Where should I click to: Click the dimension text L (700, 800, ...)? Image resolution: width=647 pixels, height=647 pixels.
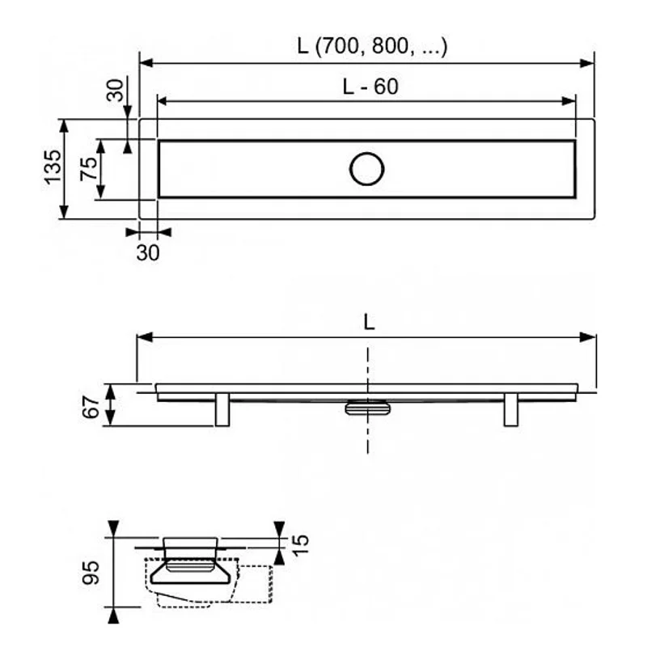[x=372, y=48]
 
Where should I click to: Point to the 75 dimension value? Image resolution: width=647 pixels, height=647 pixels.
[x=88, y=167]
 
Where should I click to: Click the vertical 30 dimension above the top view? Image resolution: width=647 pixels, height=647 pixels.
[x=117, y=91]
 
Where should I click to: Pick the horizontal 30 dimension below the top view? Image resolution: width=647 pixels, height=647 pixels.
[x=148, y=252]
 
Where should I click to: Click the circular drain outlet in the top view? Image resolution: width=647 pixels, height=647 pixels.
[x=367, y=168]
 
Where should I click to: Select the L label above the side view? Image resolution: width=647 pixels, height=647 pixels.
[x=369, y=322]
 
